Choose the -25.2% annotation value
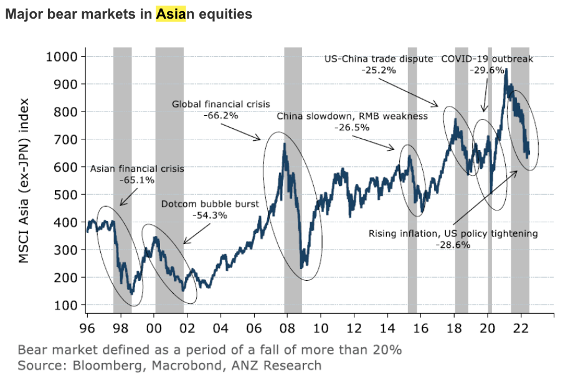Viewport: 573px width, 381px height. click(x=378, y=70)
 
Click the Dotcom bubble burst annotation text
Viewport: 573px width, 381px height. click(x=209, y=204)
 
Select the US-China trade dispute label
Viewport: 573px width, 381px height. click(x=378, y=59)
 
